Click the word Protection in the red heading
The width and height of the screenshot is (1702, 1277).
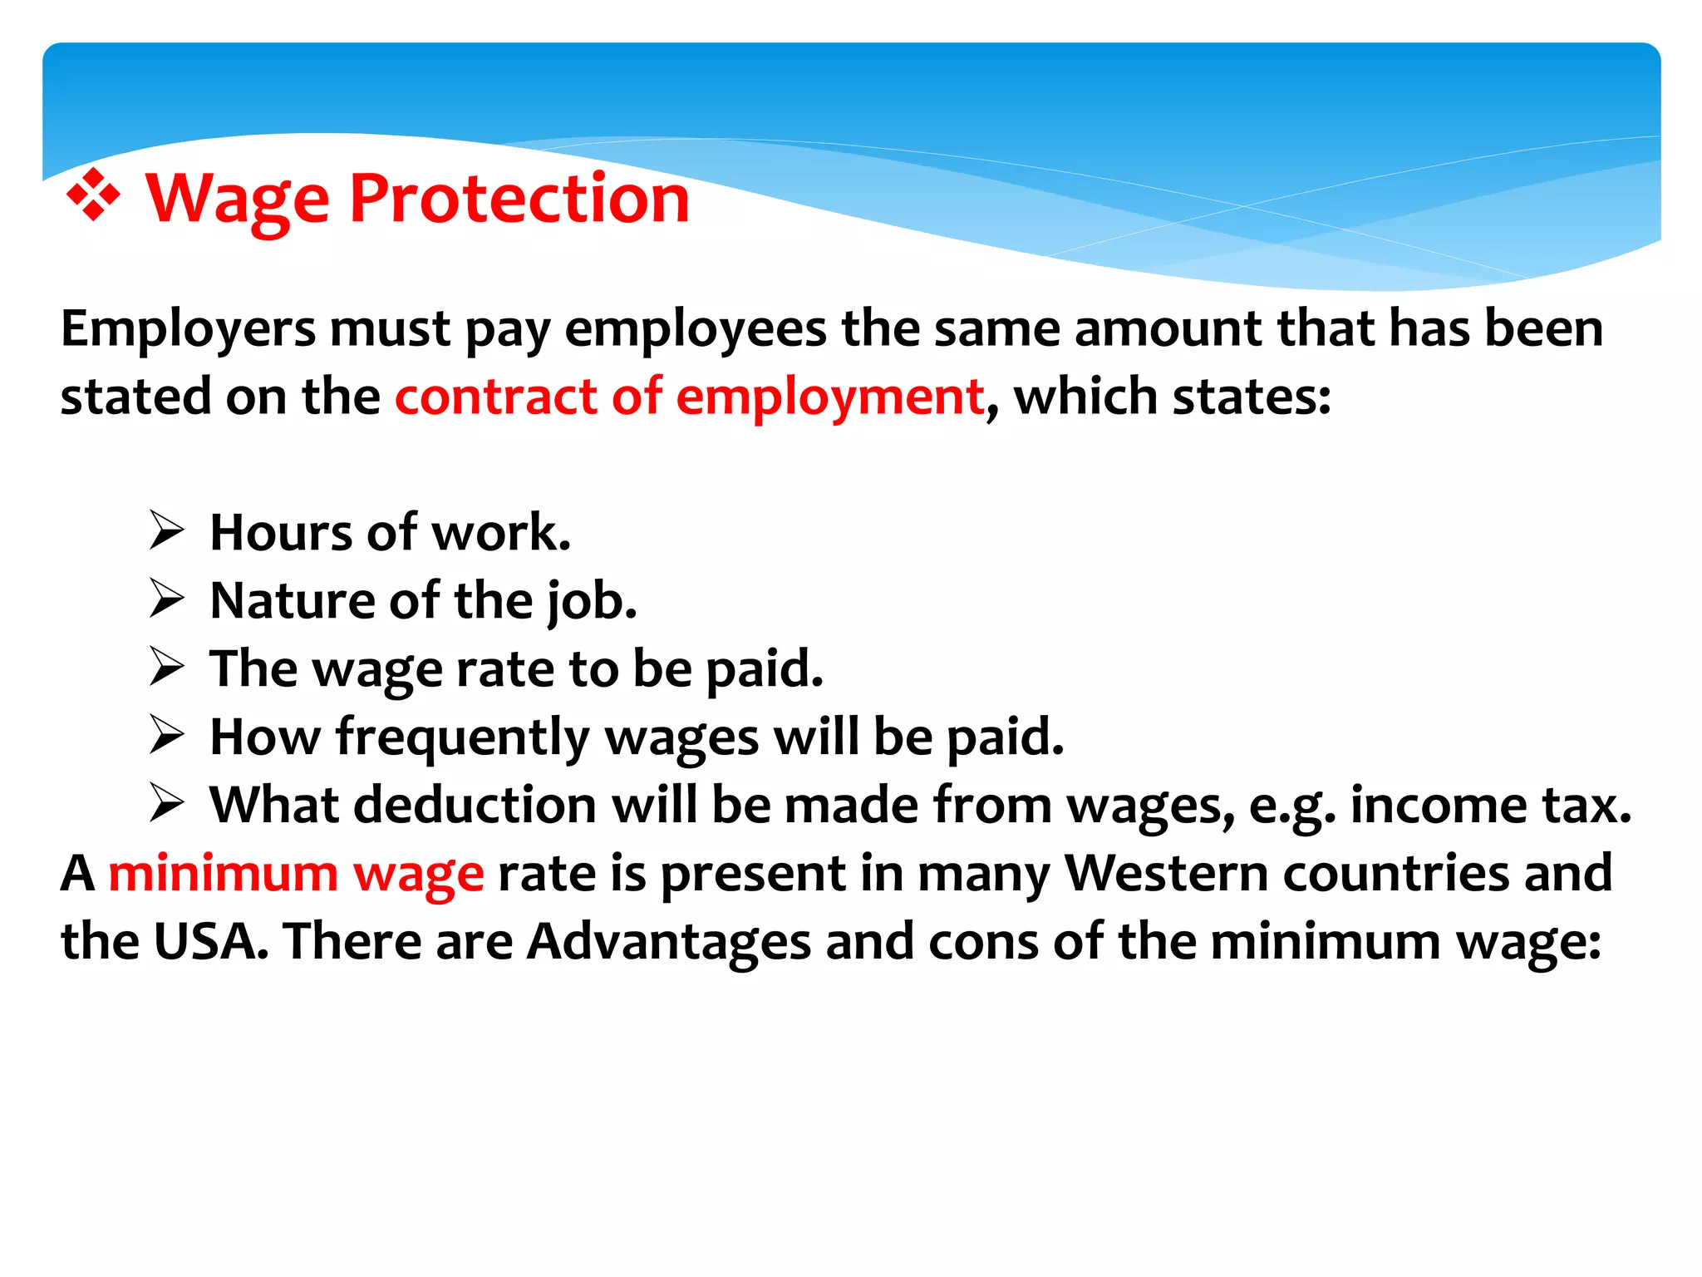coord(519,199)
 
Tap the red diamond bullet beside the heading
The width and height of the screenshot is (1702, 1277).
coord(93,195)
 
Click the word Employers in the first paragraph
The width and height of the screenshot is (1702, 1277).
coord(188,329)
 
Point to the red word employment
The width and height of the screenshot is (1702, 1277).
coord(829,397)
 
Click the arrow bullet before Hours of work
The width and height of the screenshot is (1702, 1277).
coord(166,531)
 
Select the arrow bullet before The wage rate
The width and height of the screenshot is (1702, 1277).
coord(166,668)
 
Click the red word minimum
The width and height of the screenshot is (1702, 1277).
coord(223,874)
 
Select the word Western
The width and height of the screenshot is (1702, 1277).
coord(1166,874)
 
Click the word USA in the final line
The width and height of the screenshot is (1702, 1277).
coord(211,942)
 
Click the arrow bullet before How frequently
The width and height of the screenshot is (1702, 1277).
coord(166,736)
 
